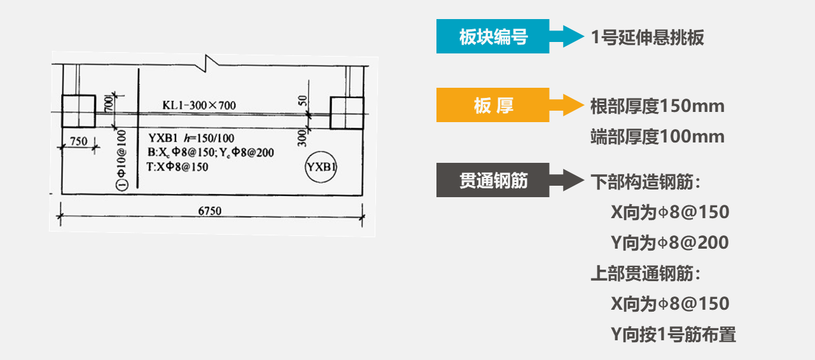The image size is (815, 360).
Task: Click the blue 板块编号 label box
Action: click(x=493, y=37)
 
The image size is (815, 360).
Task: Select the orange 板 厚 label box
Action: click(x=493, y=106)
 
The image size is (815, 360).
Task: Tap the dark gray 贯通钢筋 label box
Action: click(x=493, y=181)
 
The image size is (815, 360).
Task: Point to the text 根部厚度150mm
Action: click(x=657, y=106)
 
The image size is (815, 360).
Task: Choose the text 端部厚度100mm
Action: click(x=657, y=136)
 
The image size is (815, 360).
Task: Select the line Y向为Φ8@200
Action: click(x=670, y=242)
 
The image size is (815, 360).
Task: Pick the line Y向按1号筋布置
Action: click(x=673, y=334)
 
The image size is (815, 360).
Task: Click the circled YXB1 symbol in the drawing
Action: click(x=321, y=168)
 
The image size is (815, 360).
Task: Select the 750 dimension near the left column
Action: click(x=78, y=141)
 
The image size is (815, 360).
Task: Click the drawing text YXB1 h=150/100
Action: click(x=191, y=138)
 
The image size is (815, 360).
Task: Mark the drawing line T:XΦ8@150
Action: click(x=178, y=167)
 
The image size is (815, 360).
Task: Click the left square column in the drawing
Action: click(x=78, y=111)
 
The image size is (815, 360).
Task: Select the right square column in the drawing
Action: click(x=346, y=113)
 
